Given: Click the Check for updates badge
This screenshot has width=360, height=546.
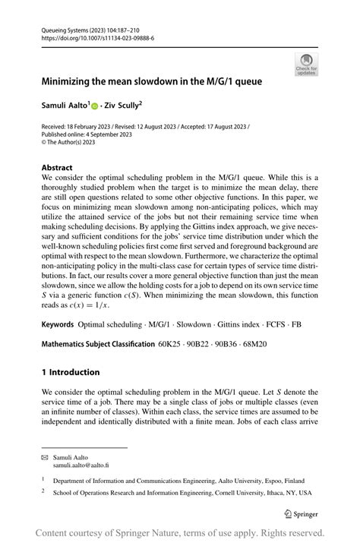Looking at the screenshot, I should [306, 65].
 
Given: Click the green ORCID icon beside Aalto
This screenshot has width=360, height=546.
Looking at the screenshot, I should [95, 102].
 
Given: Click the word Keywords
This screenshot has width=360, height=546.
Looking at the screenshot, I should [58, 323].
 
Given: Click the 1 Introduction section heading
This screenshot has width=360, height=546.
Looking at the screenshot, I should [71, 372].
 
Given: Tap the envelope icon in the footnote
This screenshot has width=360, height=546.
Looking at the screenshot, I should [45, 458].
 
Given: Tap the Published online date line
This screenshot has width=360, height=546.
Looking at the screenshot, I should [87, 134].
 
